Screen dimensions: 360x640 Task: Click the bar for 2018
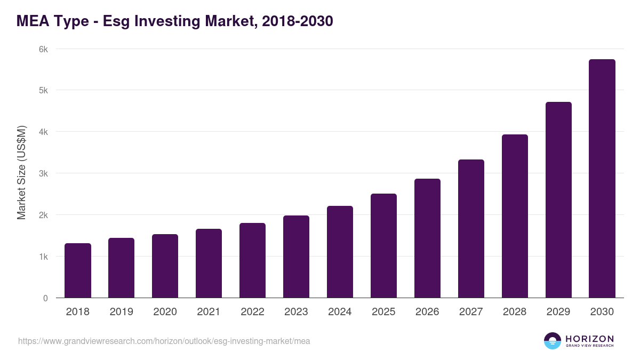pos(78,270)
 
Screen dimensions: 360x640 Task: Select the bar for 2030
pos(602,179)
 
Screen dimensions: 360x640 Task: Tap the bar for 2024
pos(340,252)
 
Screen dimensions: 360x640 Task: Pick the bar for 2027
pos(471,229)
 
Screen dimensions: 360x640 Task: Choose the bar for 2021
pos(209,263)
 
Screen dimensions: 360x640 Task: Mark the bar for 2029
pos(558,200)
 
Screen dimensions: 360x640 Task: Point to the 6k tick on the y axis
pos(43,49)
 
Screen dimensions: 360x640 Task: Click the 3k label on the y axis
pos(43,173)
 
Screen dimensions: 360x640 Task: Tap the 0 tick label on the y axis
pos(45,298)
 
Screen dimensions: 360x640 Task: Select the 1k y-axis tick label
pos(43,257)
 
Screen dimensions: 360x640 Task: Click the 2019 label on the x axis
pos(122,312)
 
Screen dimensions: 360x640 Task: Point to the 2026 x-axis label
pos(427,312)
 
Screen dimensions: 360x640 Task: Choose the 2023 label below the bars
pos(296,312)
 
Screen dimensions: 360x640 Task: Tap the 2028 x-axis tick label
pos(515,312)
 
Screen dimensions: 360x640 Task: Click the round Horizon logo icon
pos(553,341)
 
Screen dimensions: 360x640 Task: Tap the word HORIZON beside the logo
pos(589,339)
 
